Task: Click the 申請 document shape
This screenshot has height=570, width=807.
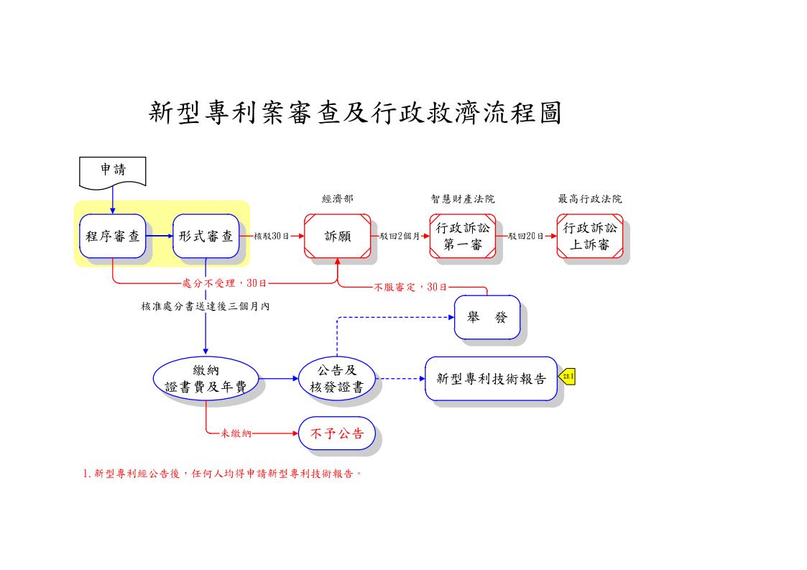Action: point(112,171)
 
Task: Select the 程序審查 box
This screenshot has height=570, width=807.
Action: point(113,236)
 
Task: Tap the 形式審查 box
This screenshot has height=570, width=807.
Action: point(206,236)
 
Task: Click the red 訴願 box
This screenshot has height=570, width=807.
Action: point(337,236)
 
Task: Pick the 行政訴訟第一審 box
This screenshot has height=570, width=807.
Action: point(463,236)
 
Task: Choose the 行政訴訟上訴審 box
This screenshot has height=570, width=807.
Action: point(589,236)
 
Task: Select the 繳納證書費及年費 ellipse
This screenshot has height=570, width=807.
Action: point(206,378)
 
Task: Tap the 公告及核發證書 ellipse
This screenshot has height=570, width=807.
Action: point(337,378)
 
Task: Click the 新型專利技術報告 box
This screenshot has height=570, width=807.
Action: point(491,378)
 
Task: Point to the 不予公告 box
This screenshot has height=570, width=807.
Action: point(337,433)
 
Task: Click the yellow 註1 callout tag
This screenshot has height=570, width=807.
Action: point(568,376)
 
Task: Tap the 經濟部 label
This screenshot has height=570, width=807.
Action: point(337,199)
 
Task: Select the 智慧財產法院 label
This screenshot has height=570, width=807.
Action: point(463,199)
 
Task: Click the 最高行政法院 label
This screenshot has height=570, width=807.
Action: point(589,199)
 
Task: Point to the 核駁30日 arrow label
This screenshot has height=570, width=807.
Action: point(272,236)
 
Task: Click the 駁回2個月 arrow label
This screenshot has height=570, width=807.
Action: point(400,236)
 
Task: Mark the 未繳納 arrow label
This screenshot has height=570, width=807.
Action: point(236,433)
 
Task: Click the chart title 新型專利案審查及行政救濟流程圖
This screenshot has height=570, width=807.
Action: point(355,112)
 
